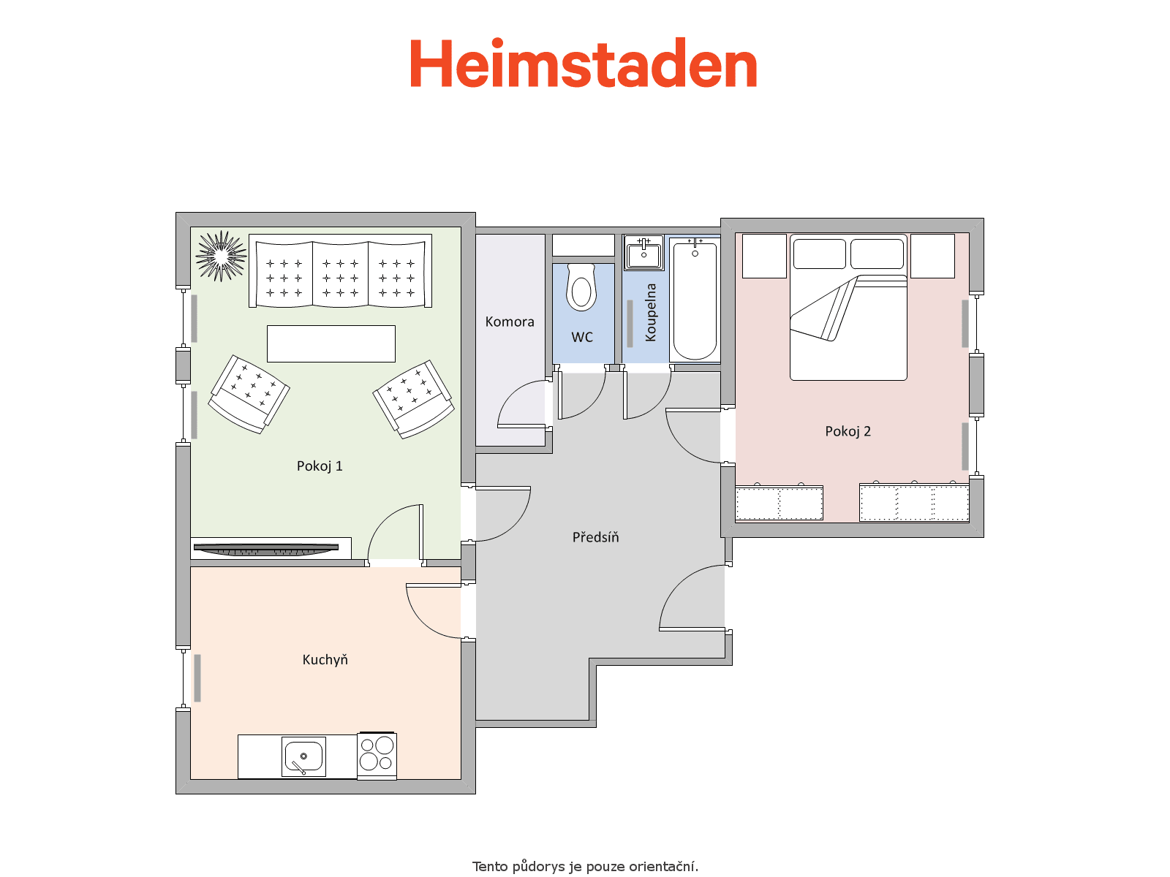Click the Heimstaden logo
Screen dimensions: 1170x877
coord(583,63)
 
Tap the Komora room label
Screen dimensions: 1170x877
coord(509,322)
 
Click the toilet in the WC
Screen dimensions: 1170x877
coord(581,287)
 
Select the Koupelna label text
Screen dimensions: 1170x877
coord(650,312)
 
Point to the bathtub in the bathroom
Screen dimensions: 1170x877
coord(695,299)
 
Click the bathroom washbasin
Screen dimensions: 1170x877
coord(643,254)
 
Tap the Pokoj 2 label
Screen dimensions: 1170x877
coord(848,431)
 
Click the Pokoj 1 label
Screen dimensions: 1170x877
coord(320,466)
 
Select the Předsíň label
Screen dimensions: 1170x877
coord(595,536)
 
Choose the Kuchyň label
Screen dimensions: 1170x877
coord(325,660)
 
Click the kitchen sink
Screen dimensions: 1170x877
coord(303,756)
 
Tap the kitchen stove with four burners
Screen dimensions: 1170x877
coord(377,756)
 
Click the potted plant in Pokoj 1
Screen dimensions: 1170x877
coord(222,256)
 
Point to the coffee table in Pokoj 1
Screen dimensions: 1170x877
coord(331,344)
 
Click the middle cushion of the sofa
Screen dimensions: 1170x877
coord(340,275)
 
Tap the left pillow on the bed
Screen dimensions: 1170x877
coord(819,254)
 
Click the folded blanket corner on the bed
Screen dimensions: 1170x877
coord(823,309)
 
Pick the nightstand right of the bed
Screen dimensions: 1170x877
coord(932,256)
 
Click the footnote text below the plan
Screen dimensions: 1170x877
coord(585,866)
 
